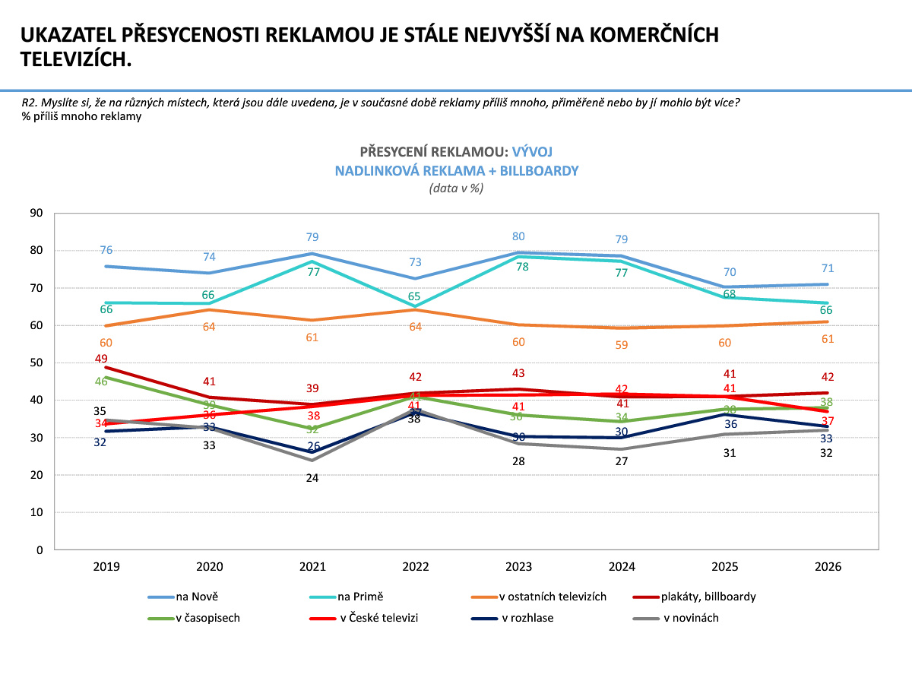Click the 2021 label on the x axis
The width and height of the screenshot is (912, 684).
pyautogui.click(x=313, y=567)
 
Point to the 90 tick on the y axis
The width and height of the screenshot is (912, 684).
pyautogui.click(x=36, y=214)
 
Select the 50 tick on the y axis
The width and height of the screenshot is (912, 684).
pyautogui.click(x=36, y=363)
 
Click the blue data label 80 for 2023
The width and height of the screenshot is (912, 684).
pyautogui.click(x=518, y=236)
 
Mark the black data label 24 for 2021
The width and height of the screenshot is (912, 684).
pyautogui.click(x=312, y=478)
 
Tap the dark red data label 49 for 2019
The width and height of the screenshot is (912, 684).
pyautogui.click(x=101, y=359)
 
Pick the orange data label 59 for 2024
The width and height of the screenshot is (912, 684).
pyautogui.click(x=622, y=345)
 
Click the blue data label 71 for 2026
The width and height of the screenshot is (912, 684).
pyautogui.click(x=828, y=268)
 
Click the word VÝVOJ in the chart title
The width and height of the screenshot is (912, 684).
pyautogui.click(x=532, y=151)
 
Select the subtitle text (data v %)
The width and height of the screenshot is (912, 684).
pyautogui.click(x=456, y=188)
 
